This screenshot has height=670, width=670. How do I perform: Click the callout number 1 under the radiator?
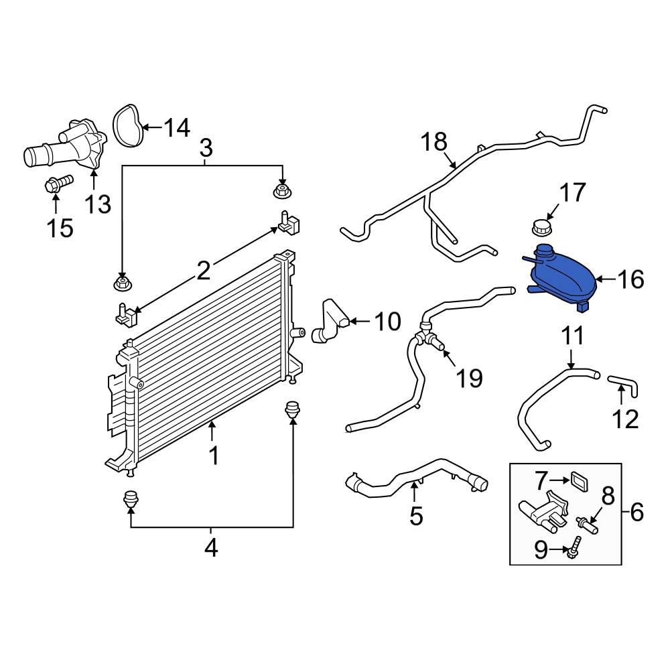(x=213, y=456)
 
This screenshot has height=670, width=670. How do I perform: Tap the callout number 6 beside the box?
(x=636, y=513)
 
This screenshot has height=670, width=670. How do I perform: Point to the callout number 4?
(x=211, y=547)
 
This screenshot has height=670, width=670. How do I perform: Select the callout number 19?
(x=470, y=378)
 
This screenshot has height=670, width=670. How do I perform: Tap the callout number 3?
(x=206, y=146)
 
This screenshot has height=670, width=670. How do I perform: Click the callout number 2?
(x=203, y=271)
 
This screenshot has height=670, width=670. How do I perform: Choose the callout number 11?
(x=572, y=336)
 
